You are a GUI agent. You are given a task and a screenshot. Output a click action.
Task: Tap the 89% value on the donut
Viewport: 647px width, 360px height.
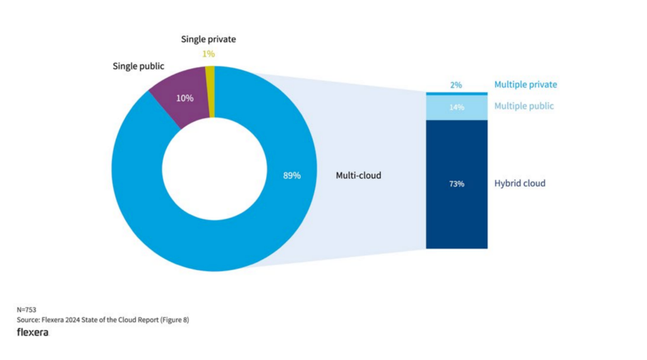pyautogui.click(x=291, y=176)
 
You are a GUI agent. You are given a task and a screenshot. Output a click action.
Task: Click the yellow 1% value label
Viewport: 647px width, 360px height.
pyautogui.click(x=209, y=54)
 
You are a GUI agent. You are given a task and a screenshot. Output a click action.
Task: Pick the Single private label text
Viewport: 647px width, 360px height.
pyautogui.click(x=209, y=39)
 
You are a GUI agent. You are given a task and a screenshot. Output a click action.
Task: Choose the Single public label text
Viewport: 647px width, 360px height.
pyautogui.click(x=138, y=66)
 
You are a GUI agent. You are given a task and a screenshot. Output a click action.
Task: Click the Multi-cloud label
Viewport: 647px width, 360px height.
pyautogui.click(x=358, y=176)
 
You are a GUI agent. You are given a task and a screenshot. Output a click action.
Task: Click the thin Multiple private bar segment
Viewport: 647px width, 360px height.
pyautogui.click(x=457, y=93)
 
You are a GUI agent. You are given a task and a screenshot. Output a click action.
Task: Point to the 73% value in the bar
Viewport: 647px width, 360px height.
pyautogui.click(x=457, y=184)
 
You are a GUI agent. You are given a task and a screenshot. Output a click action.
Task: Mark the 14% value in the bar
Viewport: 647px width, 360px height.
pyautogui.click(x=457, y=107)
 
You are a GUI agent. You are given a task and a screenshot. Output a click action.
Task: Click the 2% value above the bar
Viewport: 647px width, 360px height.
pyautogui.click(x=456, y=85)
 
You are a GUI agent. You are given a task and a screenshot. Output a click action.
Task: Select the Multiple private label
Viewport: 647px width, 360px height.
pyautogui.click(x=526, y=85)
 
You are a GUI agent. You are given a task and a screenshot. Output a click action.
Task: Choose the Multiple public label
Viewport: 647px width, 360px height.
pyautogui.click(x=524, y=106)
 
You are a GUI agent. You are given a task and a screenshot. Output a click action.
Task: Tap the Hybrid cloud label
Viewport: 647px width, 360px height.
pyautogui.click(x=519, y=184)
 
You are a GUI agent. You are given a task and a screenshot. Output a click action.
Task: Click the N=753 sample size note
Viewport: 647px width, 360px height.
pyautogui.click(x=27, y=310)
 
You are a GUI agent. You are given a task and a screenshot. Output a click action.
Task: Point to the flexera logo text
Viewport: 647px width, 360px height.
pyautogui.click(x=33, y=332)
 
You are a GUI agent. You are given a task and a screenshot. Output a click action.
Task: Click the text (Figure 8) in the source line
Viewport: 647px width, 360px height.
pyautogui.click(x=173, y=320)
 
